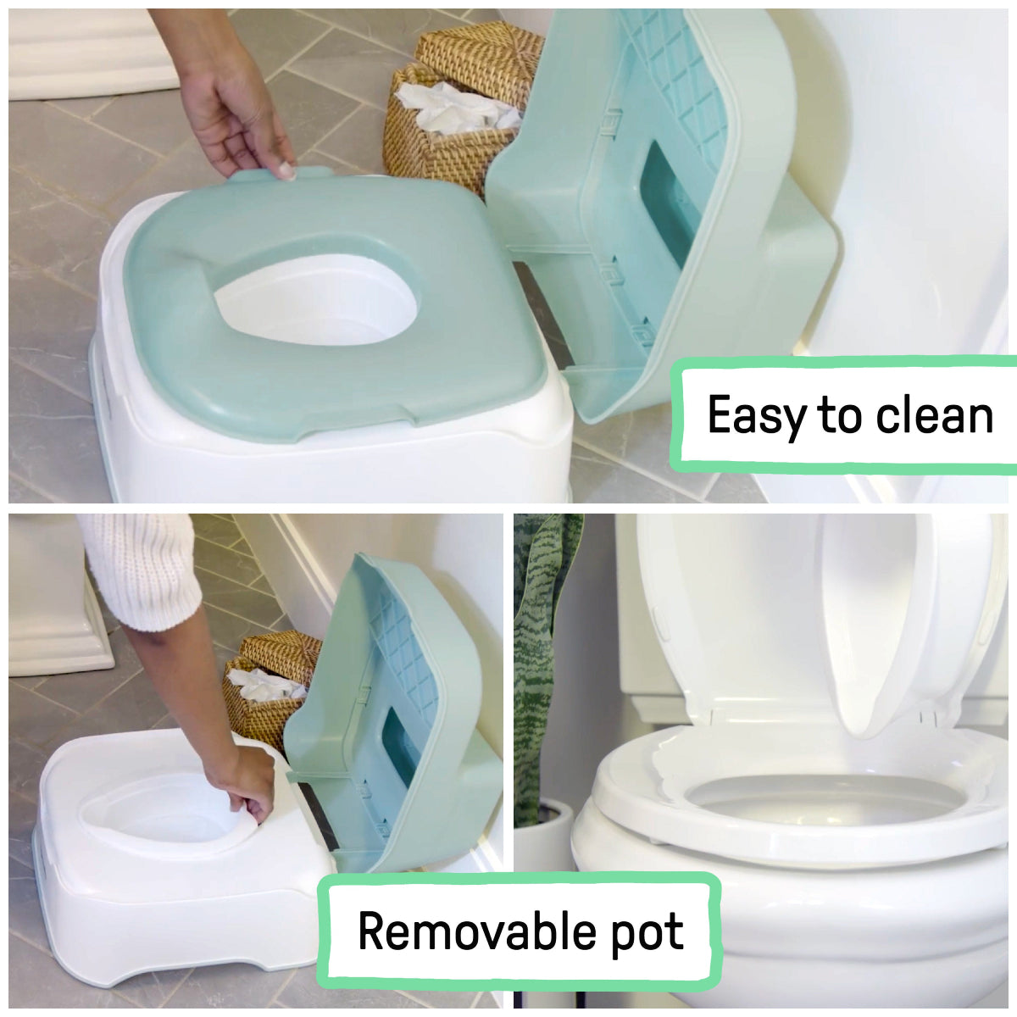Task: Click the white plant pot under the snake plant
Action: (542, 839)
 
